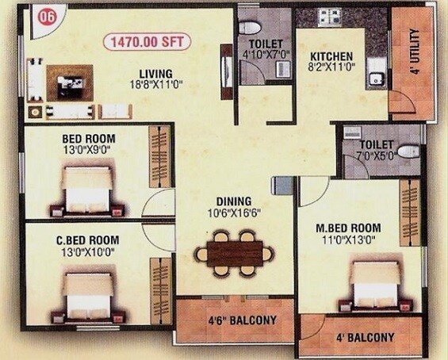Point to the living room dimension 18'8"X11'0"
coord(152,82)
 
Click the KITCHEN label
coord(331,56)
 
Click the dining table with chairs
coord(234,251)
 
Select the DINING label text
coord(233,201)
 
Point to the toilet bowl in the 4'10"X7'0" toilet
coord(249,26)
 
